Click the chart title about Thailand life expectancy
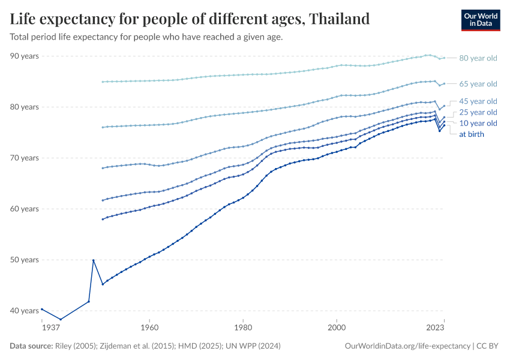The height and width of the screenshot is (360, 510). [190, 19]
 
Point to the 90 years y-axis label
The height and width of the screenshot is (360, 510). [25, 56]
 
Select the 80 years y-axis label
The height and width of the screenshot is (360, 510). [25, 107]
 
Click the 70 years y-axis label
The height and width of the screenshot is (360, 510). [25, 158]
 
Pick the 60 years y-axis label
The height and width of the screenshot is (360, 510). [25, 209]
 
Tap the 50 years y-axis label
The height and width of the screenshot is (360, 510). [25, 260]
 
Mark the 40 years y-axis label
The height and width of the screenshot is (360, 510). [25, 311]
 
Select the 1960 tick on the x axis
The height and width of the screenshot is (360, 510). [149, 328]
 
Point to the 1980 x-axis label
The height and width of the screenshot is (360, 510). [243, 328]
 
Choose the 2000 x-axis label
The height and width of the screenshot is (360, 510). [337, 328]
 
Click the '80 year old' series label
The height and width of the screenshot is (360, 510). [478, 58]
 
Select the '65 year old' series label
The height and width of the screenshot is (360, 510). [478, 83]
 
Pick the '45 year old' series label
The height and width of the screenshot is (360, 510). [478, 101]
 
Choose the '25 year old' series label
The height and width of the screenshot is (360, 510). [478, 112]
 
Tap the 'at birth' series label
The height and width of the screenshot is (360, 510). [472, 134]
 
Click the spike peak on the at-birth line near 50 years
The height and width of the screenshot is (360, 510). [93, 260]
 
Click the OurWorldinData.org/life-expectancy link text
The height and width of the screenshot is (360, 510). [408, 346]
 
